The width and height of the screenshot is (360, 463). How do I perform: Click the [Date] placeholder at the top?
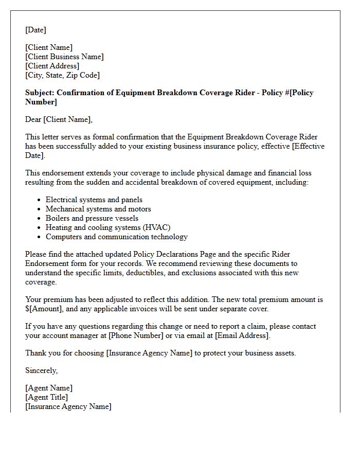(35, 30)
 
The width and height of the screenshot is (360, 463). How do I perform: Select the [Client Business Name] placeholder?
(64, 57)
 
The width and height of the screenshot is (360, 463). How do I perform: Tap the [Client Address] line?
(52, 66)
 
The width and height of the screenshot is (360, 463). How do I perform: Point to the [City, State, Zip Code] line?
(62, 75)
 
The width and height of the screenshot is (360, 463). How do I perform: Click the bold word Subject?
(40, 93)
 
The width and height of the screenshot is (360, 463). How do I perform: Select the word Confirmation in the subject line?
(83, 93)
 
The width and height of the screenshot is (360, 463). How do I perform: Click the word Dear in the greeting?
(33, 119)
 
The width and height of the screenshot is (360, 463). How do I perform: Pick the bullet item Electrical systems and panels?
(94, 200)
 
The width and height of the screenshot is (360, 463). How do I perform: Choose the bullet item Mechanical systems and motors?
(98, 209)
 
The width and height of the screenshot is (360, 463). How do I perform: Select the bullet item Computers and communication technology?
(116, 237)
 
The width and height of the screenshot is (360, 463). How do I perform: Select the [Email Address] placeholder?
(242, 335)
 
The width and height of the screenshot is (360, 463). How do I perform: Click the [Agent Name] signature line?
(49, 388)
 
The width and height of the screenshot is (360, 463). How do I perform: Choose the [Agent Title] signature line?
(46, 397)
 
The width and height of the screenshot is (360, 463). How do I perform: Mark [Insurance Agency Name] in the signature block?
(68, 406)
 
